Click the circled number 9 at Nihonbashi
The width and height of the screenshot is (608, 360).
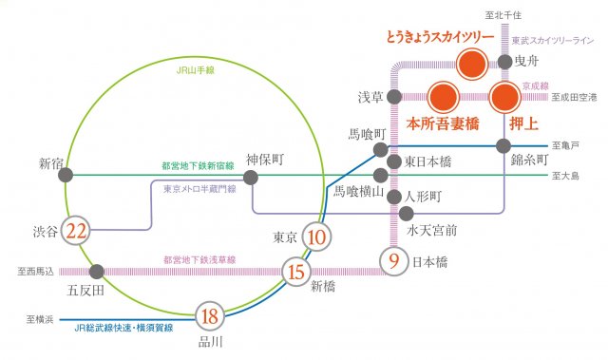point(393,258)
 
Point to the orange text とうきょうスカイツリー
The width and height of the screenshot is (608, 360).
point(439,37)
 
